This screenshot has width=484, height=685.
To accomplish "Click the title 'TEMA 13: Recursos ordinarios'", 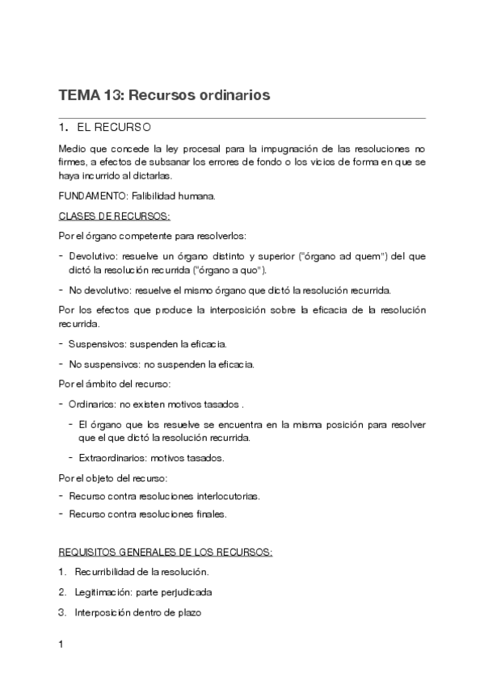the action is tap(164, 95).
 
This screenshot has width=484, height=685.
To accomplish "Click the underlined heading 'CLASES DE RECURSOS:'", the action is tap(114, 216).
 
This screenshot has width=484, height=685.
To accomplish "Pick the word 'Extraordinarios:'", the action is tap(112, 458).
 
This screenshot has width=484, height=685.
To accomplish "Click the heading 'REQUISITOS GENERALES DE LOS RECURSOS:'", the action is tap(166, 553).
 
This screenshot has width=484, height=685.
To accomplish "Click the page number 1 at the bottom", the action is tap(61, 645).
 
